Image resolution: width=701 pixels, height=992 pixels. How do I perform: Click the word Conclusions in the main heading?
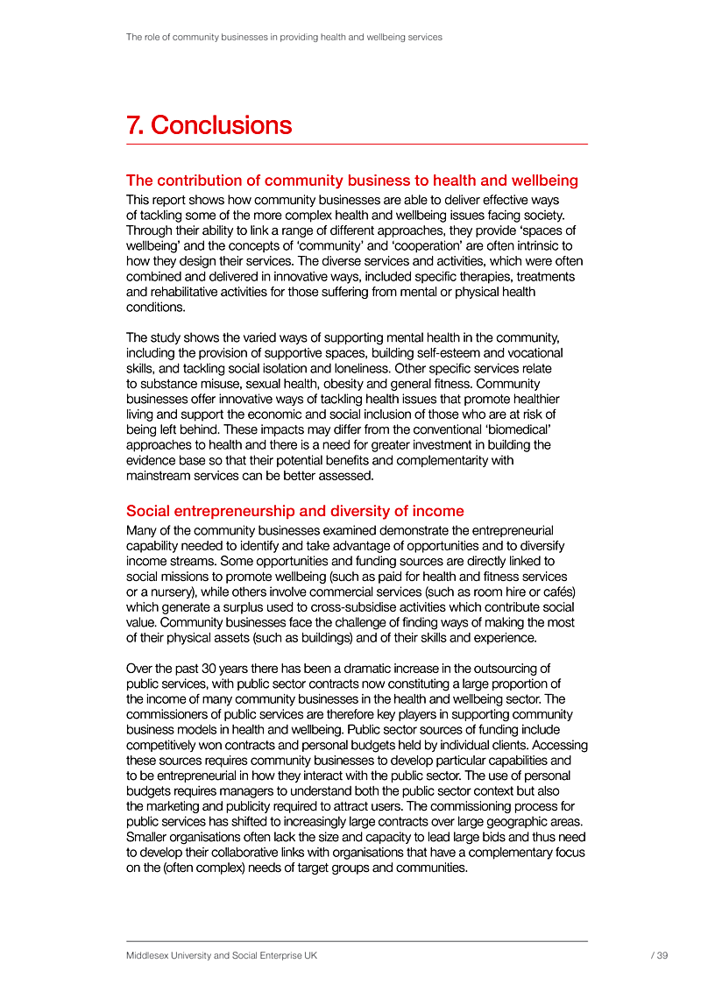tap(221, 125)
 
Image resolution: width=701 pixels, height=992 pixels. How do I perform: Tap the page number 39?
tap(662, 956)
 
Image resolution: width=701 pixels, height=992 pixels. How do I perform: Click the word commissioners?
tap(167, 715)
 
